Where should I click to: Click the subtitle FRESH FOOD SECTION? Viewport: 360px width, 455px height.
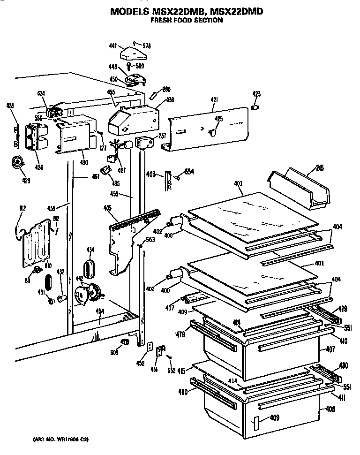pyautogui.click(x=186, y=22)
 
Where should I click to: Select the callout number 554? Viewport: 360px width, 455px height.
pyautogui.click(x=189, y=172)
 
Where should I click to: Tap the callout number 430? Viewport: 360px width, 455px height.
pyautogui.click(x=83, y=162)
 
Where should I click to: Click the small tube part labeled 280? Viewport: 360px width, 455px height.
pyautogui.click(x=152, y=96)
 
